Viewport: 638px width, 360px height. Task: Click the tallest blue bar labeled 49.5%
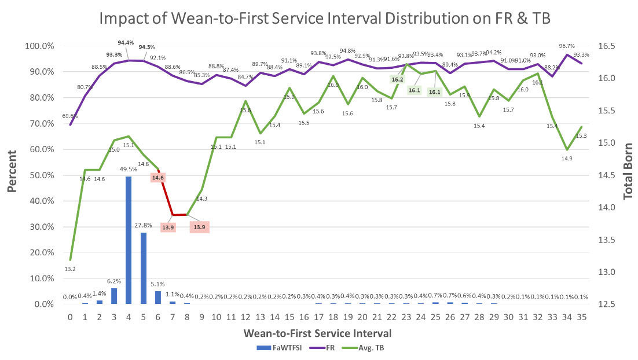(x=129, y=240)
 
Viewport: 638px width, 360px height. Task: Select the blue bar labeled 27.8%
(x=143, y=268)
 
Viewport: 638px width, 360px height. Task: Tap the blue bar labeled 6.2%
(x=114, y=296)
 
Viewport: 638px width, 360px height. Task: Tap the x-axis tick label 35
(x=581, y=317)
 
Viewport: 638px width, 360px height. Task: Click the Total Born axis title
(x=628, y=172)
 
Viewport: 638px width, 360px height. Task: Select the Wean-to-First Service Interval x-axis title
(x=318, y=333)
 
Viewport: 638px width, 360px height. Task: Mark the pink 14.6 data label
(x=158, y=178)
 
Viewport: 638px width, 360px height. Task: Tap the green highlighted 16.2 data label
(x=398, y=79)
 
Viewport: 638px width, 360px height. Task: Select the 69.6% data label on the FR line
(x=69, y=116)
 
